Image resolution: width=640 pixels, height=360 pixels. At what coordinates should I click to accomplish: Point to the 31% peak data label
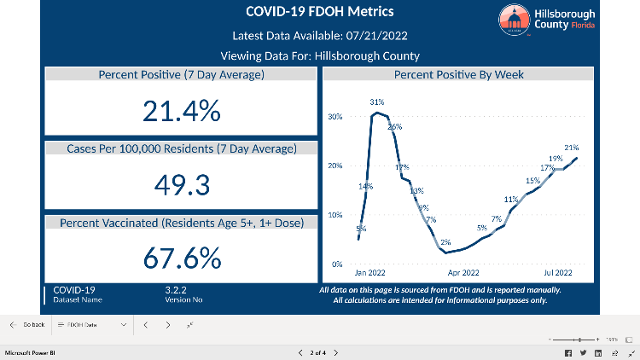coord(376,102)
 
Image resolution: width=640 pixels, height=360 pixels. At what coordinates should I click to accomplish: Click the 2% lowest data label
coord(445,242)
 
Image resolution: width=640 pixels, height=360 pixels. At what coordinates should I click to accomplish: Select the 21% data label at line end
coord(572,148)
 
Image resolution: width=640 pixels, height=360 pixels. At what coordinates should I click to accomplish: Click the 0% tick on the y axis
coord(336,264)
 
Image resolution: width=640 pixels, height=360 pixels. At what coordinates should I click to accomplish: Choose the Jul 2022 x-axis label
coord(558,274)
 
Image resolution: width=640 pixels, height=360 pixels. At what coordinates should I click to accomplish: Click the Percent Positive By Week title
coord(458,75)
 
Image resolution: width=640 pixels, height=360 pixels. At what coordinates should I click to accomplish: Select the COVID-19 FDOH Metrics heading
coord(320,12)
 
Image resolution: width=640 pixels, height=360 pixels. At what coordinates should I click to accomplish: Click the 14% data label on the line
coord(365,186)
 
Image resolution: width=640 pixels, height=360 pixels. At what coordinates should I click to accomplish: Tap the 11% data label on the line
coord(511,200)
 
